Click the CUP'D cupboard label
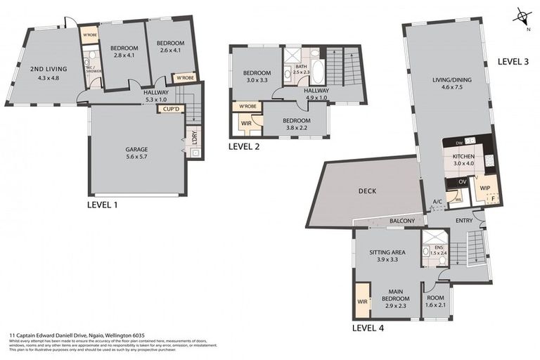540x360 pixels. tap(172, 109)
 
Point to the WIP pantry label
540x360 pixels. tap(485, 188)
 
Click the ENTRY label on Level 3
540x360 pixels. tap(464, 221)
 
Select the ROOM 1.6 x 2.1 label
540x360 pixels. tap(436, 301)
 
